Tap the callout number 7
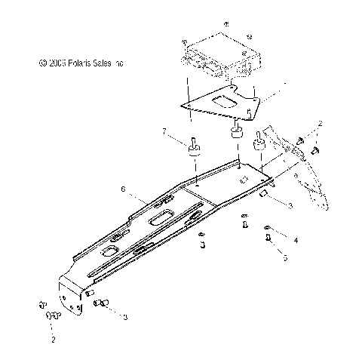[164, 132]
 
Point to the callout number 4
[296, 240]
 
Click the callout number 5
[284, 257]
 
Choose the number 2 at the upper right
[320, 122]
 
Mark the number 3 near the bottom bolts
[125, 318]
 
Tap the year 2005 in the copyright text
[42, 64]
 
